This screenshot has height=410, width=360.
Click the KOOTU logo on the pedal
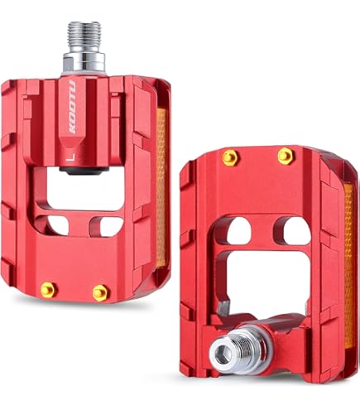point(73,107)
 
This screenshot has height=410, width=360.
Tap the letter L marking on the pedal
point(72,157)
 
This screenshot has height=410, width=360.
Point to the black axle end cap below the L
point(84,171)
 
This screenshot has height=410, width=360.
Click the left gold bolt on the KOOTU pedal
point(49,290)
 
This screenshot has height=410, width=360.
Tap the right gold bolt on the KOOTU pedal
point(100,292)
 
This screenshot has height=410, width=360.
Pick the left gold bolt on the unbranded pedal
point(231,157)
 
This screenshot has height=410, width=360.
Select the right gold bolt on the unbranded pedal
point(285,156)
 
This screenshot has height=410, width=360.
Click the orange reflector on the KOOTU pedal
point(161,188)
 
